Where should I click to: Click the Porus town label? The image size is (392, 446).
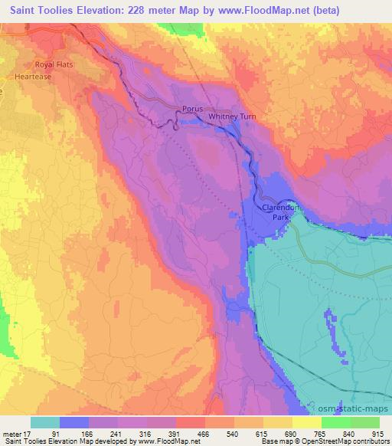tap(192, 110)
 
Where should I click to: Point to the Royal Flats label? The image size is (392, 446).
tap(53, 64)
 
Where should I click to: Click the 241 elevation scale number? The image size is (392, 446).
tap(117, 433)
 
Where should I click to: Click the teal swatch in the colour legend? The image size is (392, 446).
tap(45, 422)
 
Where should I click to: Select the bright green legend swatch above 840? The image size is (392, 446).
tap(335, 422)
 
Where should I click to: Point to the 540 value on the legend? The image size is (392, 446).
tap(231, 433)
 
